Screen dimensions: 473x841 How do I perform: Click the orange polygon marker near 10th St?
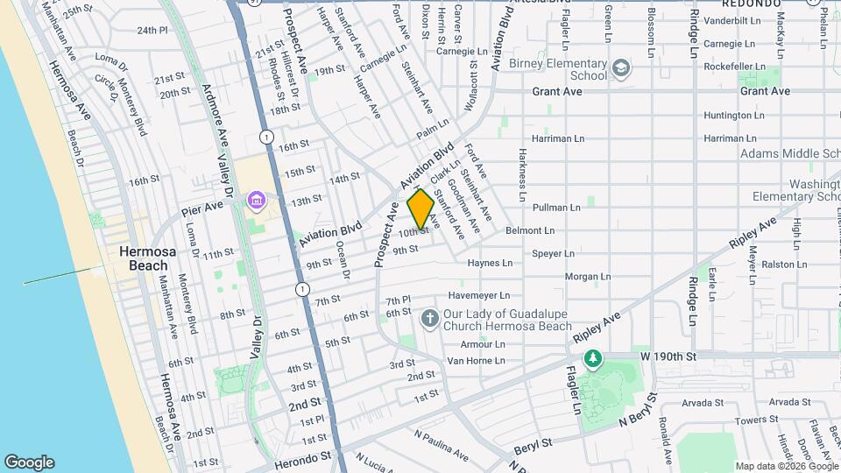pyautogui.click(x=420, y=210)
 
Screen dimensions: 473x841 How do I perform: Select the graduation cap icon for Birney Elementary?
pyautogui.click(x=621, y=67)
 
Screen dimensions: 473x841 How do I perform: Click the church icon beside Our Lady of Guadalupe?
pyautogui.click(x=429, y=317)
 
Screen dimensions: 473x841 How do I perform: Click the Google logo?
pyautogui.click(x=30, y=462)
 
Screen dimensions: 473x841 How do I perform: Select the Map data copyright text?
pyautogui.click(x=786, y=466)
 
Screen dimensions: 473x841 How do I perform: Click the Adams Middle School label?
pyautogui.click(x=788, y=153)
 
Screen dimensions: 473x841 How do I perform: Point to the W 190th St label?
pyautogui.click(x=668, y=357)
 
